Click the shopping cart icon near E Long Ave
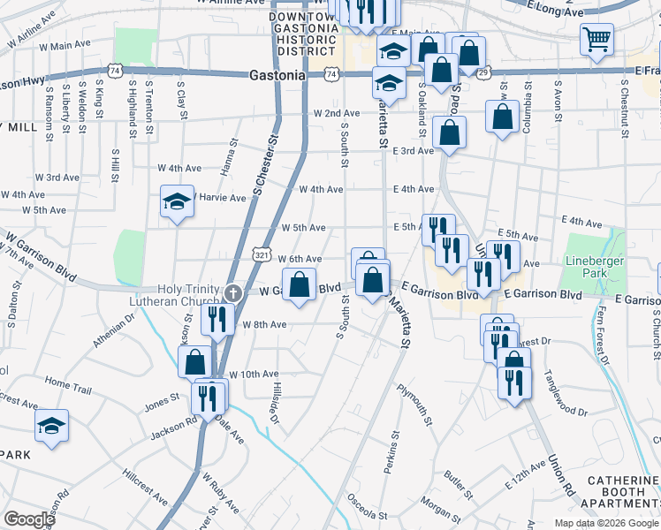click(596, 39)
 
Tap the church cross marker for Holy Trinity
click(232, 291)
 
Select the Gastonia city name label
click(277, 76)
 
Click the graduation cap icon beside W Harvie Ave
click(177, 201)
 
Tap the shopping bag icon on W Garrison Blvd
click(300, 286)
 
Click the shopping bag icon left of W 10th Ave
click(194, 362)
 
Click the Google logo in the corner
click(29, 519)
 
